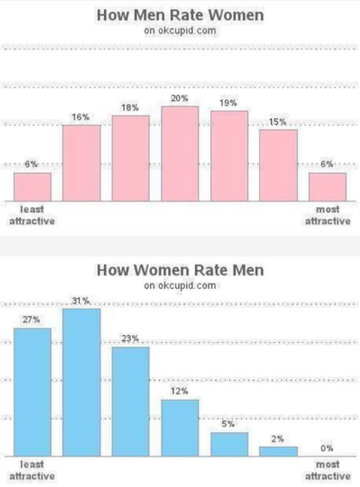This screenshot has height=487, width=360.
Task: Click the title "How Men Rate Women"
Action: tap(180, 16)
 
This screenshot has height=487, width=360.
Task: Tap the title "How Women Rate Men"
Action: tap(180, 271)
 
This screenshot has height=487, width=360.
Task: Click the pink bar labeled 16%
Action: tap(81, 163)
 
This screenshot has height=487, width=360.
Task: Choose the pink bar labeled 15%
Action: tap(278, 165)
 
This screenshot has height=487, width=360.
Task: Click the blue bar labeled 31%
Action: tap(81, 382)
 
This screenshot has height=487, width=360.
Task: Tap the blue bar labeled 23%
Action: tap(130, 401)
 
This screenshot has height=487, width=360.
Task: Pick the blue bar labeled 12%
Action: tap(180, 427)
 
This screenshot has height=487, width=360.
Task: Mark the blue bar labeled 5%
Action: tap(229, 444)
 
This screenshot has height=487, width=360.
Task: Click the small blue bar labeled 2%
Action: tap(278, 451)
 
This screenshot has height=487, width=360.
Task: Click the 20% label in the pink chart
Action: tap(180, 99)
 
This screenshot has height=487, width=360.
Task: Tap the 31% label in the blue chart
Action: tap(81, 301)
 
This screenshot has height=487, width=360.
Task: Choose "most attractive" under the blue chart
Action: tap(327, 470)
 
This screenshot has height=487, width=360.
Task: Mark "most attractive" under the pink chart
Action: tap(327, 216)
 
